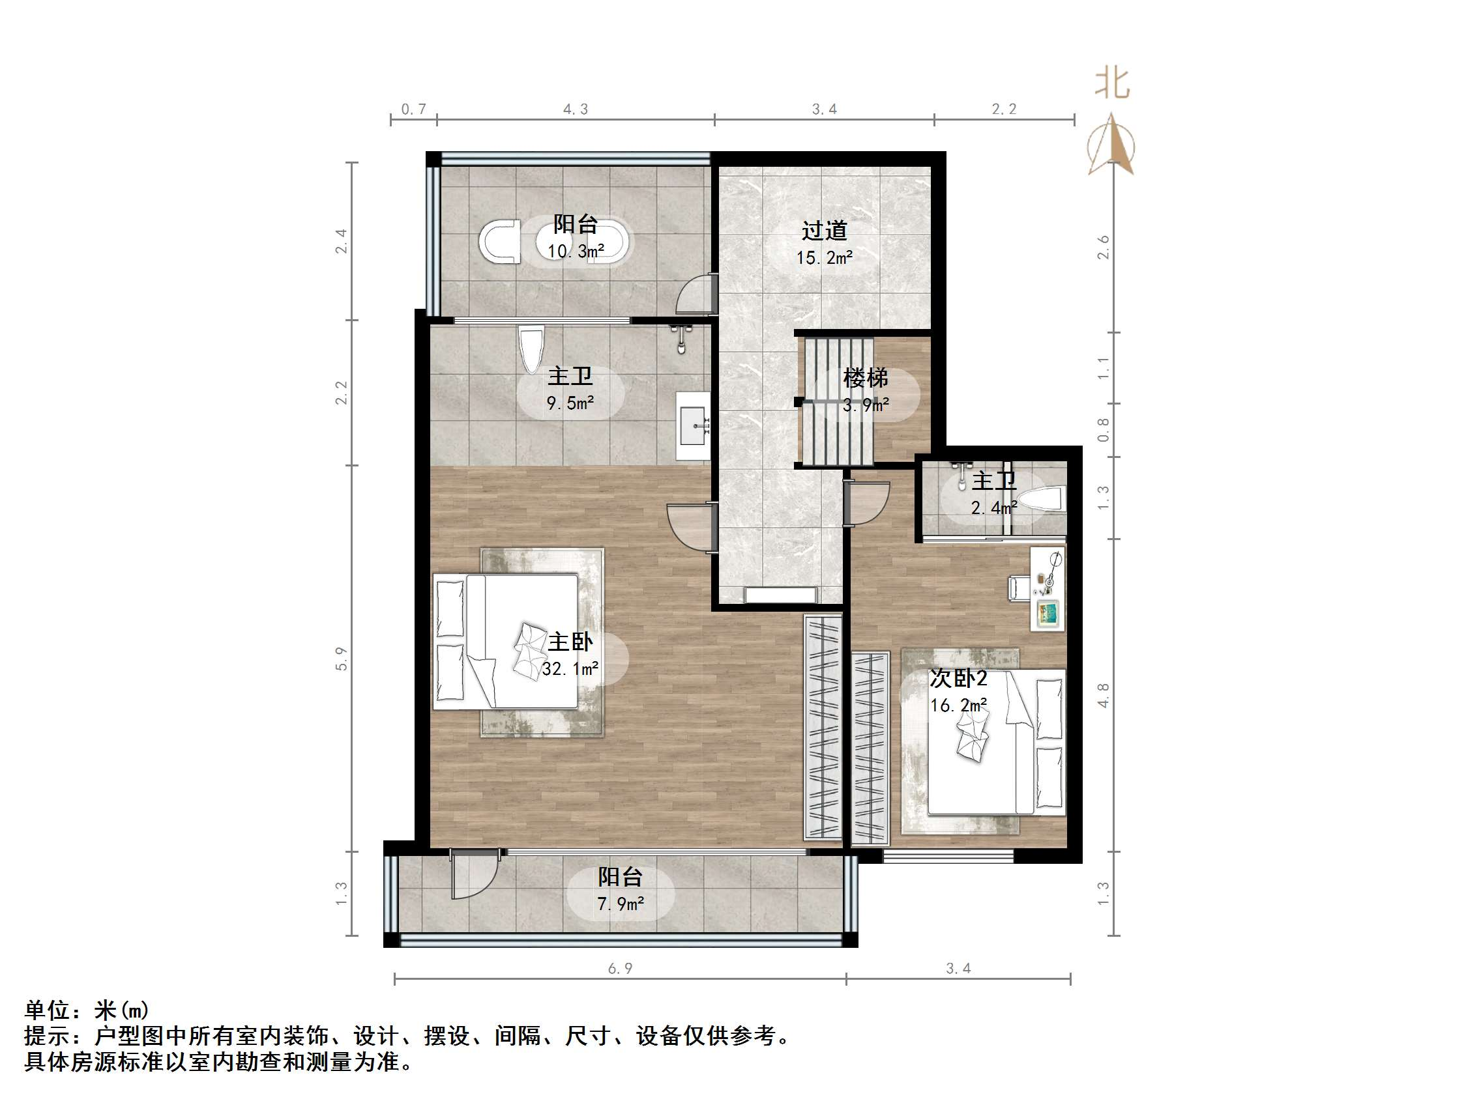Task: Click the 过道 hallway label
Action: [x=824, y=231]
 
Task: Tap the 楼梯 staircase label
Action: [x=865, y=378]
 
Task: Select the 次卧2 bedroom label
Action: [x=958, y=678]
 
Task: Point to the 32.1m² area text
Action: [x=570, y=669]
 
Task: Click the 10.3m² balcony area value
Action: [x=576, y=251]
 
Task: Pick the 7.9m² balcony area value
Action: [x=621, y=904]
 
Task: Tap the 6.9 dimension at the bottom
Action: [x=621, y=969]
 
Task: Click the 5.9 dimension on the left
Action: [x=342, y=659]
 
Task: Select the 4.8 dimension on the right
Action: [x=1103, y=696]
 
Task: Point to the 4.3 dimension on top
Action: [x=576, y=109]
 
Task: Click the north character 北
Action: [x=1112, y=85]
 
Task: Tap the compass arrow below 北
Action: [x=1111, y=146]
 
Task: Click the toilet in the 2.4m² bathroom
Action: [x=1041, y=499]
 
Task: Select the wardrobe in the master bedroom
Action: [x=823, y=726]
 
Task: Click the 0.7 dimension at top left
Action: [x=413, y=109]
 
